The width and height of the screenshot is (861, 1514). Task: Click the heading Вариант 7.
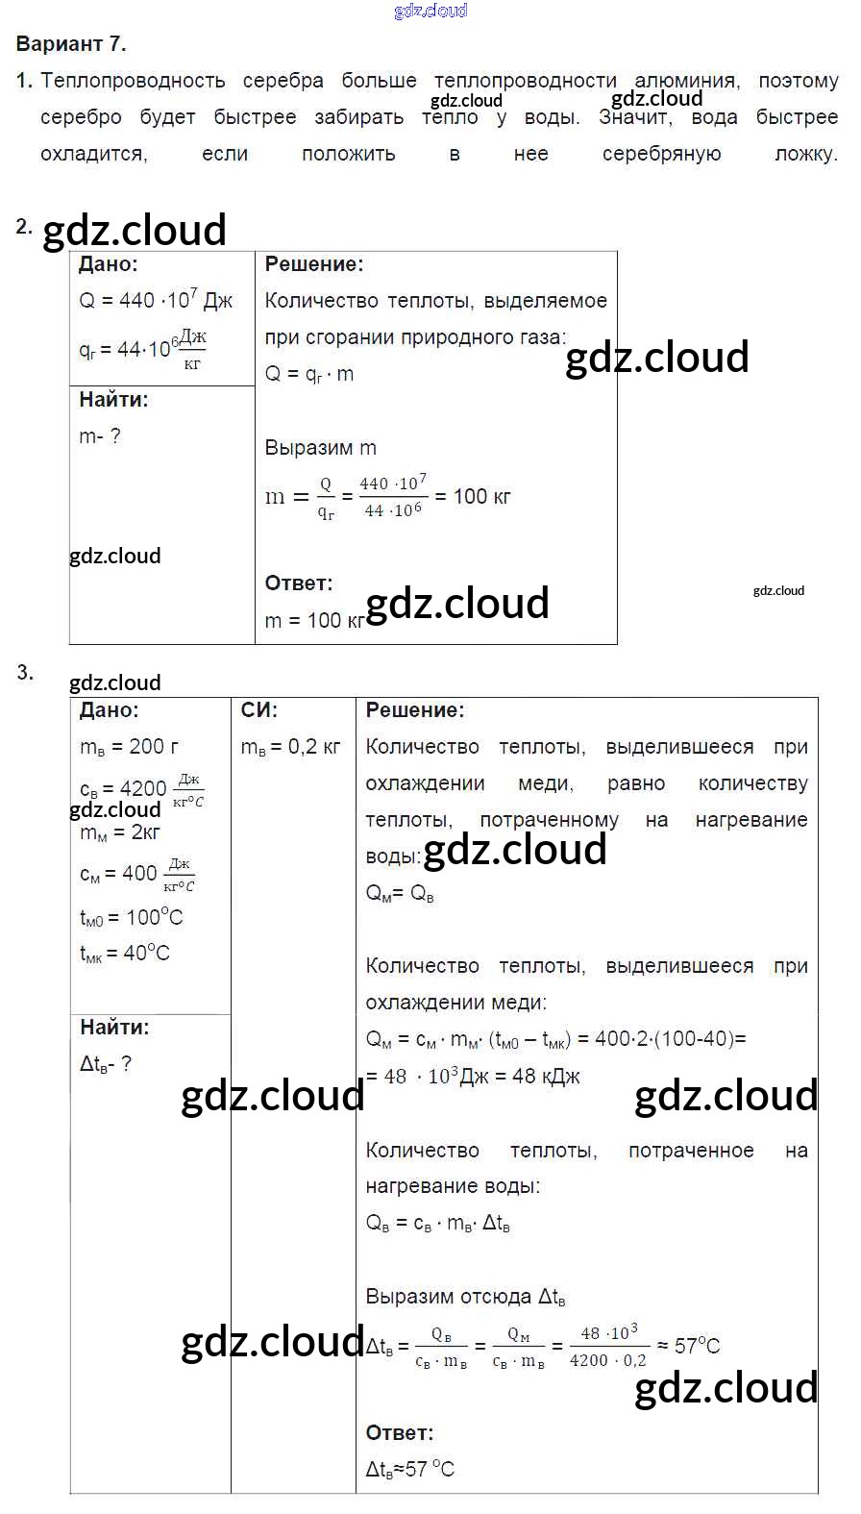(71, 44)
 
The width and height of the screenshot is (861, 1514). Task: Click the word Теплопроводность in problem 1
(133, 81)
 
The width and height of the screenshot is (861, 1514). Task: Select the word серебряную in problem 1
(661, 154)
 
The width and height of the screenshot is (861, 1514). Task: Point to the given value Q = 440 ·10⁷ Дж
(156, 301)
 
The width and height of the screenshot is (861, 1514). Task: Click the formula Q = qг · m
(308, 374)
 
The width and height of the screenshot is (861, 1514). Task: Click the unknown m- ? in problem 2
(100, 436)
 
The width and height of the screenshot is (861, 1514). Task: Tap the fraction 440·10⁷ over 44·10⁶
(393, 496)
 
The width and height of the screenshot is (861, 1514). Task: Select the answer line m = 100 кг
(313, 621)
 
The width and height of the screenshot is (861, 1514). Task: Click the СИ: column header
(259, 710)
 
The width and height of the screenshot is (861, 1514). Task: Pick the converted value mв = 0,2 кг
(290, 747)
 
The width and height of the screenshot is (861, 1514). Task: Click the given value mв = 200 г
(129, 747)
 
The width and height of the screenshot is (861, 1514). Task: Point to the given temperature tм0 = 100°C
(131, 917)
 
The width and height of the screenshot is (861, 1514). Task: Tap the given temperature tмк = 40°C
(125, 954)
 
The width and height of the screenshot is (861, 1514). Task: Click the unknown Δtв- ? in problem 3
(106, 1064)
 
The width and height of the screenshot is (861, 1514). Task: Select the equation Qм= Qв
(400, 894)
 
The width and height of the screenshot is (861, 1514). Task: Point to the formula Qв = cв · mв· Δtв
(437, 1224)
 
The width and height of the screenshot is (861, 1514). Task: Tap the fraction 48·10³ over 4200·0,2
(608, 1347)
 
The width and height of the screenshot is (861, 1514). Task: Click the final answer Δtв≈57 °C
(410, 1469)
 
